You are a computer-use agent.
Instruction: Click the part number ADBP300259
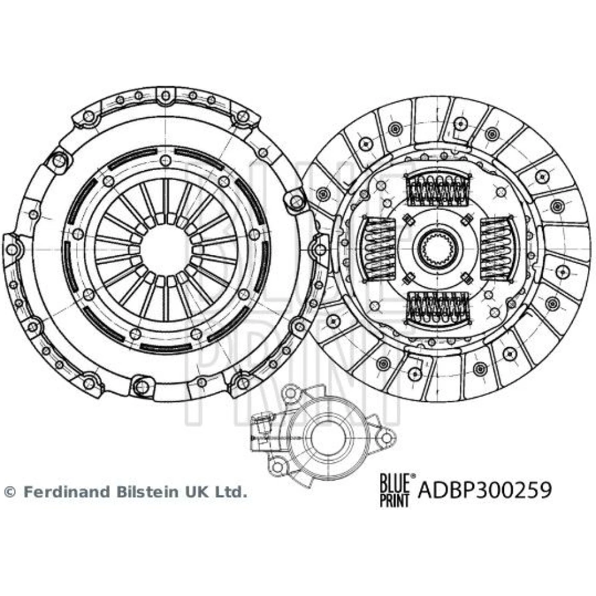point(485,490)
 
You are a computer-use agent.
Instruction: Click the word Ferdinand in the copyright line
point(63,492)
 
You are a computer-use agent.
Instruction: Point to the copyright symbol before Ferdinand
point(10,492)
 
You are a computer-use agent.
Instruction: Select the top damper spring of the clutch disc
point(437,189)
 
